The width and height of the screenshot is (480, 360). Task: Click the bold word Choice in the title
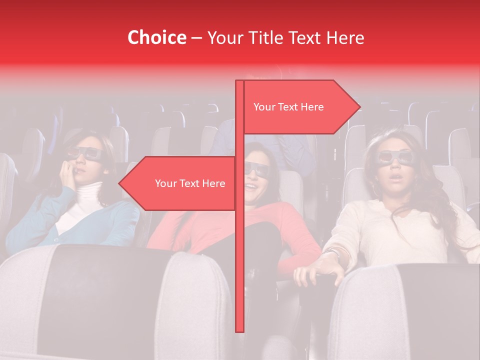tap(156, 37)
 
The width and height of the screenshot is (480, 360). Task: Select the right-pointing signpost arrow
tap(300, 107)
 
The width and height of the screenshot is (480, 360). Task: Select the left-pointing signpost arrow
tap(177, 183)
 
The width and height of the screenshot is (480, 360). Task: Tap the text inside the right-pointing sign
tap(288, 107)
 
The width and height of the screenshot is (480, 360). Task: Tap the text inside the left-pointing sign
tap(190, 183)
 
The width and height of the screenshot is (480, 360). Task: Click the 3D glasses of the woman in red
tap(256, 169)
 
